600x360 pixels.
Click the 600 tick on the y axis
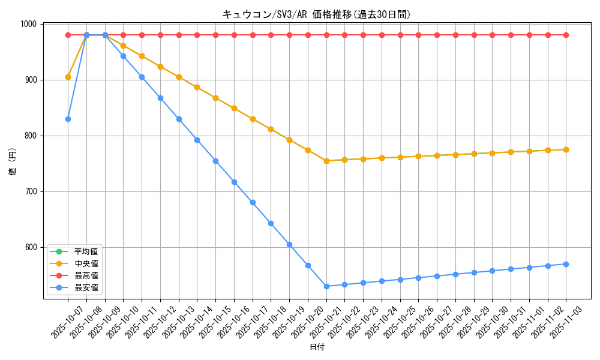tap(31, 247)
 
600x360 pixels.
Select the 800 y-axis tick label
tap(31, 136)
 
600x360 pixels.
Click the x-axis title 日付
tap(317, 347)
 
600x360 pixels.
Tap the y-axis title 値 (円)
tap(13, 162)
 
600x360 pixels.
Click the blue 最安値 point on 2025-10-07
tap(68, 119)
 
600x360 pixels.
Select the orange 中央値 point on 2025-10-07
tap(68, 77)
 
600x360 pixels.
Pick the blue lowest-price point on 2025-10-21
tap(326, 286)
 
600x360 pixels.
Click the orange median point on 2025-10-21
tap(326, 161)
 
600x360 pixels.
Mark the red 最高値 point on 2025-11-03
tap(566, 35)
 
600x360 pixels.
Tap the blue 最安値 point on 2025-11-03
tap(566, 264)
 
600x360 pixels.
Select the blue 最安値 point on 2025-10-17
tap(253, 202)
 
